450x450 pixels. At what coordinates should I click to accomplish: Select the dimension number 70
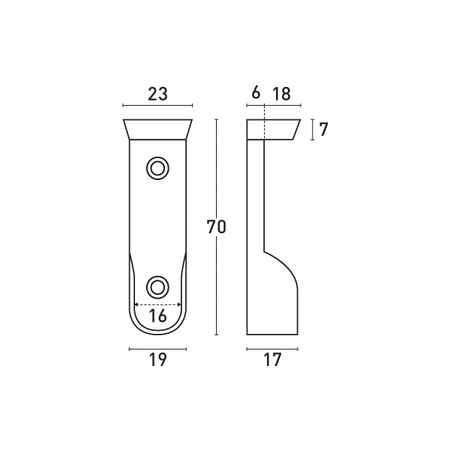point(216,226)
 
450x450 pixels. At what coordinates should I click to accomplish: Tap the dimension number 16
point(157,316)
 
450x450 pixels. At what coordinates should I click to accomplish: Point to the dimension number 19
point(157,360)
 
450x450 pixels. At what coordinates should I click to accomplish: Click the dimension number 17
point(272,360)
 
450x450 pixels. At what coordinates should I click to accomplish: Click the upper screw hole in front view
point(157,168)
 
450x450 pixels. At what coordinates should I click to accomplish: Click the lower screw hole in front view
point(157,286)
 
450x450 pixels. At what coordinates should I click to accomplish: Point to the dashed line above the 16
point(157,304)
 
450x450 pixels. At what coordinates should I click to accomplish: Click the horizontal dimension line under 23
point(157,106)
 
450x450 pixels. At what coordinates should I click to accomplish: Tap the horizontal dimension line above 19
point(157,349)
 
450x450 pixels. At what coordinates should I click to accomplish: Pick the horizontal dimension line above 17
point(272,349)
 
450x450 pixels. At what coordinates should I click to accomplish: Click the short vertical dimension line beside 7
point(312,129)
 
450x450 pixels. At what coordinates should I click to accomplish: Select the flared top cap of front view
point(157,130)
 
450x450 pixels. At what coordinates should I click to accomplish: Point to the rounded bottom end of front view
point(157,330)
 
